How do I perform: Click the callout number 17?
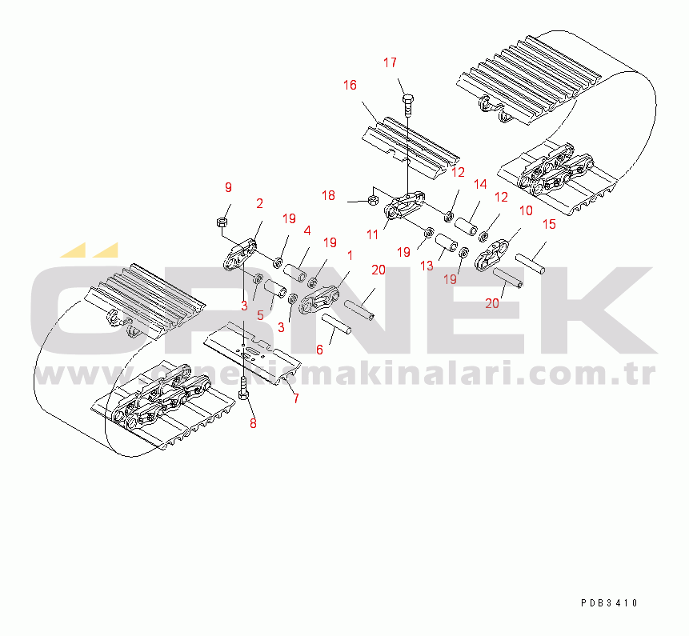coord(390,62)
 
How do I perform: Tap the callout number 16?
coord(350,85)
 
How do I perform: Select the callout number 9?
coord(228,187)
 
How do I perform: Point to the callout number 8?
coord(253,423)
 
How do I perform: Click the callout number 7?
coord(296,398)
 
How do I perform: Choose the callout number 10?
coord(525,210)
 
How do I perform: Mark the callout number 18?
coord(329,196)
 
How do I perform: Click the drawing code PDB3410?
coord(610,603)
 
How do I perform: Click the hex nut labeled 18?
coord(373,199)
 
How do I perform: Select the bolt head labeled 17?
coord(408,99)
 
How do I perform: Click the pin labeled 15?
coord(531,263)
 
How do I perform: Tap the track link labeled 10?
coord(493,254)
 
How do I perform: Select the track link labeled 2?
coord(241,258)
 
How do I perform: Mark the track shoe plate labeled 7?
coord(251,352)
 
